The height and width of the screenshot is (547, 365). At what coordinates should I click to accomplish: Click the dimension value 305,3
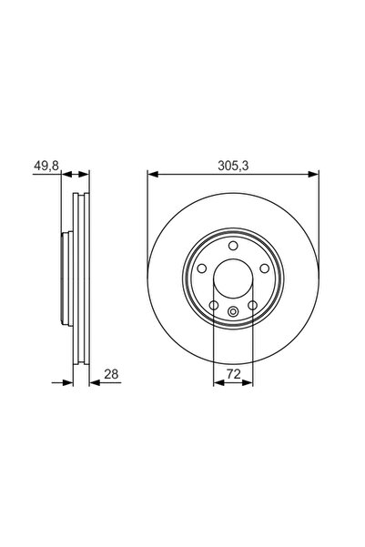click(233, 166)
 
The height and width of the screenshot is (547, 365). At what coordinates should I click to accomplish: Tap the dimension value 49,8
click(46, 166)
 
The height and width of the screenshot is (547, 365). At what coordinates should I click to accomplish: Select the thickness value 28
click(111, 374)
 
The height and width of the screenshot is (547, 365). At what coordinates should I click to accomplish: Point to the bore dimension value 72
click(233, 374)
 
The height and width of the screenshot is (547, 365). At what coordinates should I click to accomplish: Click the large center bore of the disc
click(233, 279)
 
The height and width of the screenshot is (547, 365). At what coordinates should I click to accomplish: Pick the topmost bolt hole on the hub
click(233, 246)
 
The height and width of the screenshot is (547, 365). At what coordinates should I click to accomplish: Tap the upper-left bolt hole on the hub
click(202, 268)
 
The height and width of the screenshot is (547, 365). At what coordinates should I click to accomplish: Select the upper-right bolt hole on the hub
click(265, 268)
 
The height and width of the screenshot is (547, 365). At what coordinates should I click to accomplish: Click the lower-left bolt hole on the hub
click(214, 306)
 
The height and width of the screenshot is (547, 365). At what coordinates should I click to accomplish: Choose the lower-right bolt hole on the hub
click(253, 306)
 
